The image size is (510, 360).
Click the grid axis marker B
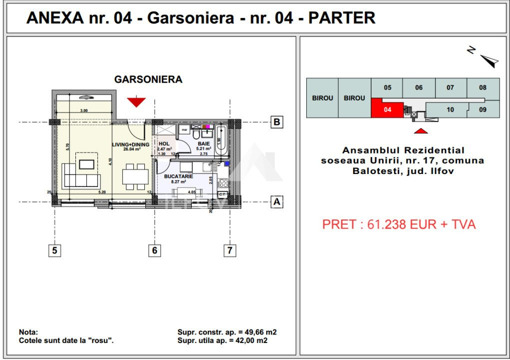tap(276, 122)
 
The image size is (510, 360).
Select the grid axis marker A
tap(276, 202)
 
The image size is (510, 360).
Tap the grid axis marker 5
tap(54, 250)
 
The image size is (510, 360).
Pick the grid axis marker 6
tap(155, 250)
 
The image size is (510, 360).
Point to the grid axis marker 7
tap(229, 250)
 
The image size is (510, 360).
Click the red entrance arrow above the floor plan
tap(136, 102)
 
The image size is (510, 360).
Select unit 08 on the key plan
tap(483, 88)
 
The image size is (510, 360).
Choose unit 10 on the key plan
tap(450, 109)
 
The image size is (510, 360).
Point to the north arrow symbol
tap(487, 59)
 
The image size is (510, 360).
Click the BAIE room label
tap(203, 143)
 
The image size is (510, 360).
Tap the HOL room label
tap(164, 143)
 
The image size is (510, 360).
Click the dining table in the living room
tap(135, 176)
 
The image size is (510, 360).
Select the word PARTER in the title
tap(342, 18)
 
